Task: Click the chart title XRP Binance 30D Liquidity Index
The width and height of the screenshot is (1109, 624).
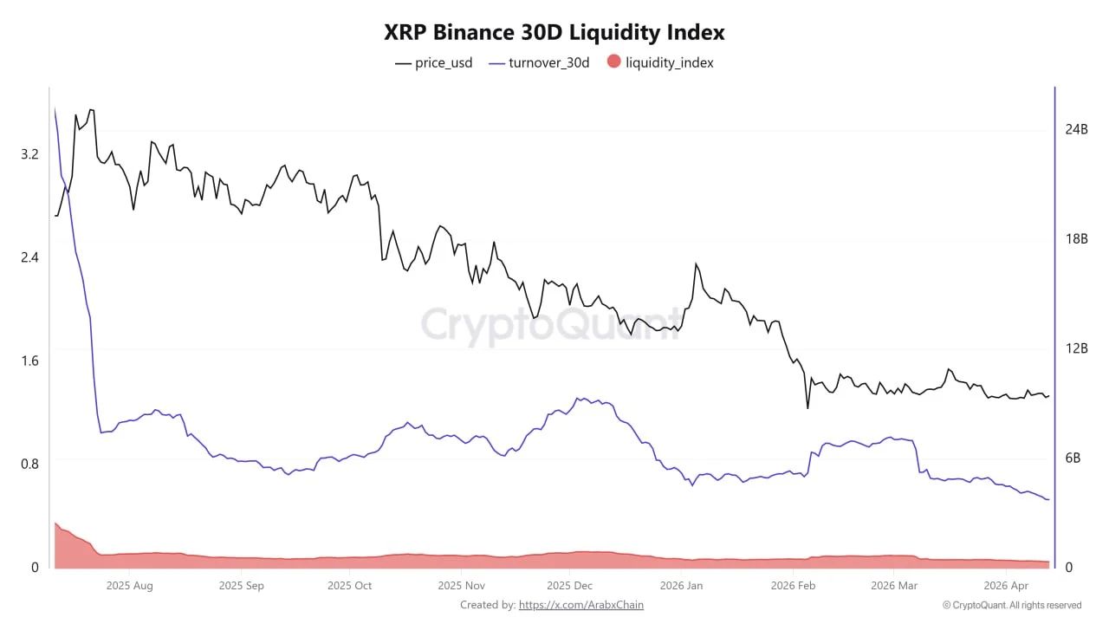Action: click(x=554, y=33)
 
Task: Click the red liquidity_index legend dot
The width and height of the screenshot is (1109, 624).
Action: click(x=613, y=62)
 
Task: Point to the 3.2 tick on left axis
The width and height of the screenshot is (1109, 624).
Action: click(x=29, y=154)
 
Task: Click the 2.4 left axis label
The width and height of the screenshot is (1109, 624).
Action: click(x=29, y=257)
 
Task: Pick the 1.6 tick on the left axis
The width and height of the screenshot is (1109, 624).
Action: click(x=29, y=361)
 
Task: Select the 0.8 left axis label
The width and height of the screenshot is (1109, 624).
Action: click(x=29, y=464)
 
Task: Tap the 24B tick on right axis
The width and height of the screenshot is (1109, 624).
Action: click(x=1076, y=129)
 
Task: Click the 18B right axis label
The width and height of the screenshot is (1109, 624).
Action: click(x=1076, y=239)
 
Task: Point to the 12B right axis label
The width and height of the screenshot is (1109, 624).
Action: click(x=1076, y=348)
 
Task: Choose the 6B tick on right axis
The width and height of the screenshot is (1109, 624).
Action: click(x=1073, y=458)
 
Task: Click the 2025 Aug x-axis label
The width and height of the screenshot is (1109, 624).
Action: click(x=129, y=586)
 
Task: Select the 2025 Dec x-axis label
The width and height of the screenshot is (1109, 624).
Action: click(x=570, y=586)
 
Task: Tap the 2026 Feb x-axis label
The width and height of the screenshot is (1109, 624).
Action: click(x=793, y=586)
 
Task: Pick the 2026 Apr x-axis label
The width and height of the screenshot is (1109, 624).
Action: click(x=1006, y=586)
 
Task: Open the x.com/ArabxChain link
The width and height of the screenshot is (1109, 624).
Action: click(x=580, y=605)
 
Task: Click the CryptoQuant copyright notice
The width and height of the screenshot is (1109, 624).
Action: click(x=1011, y=605)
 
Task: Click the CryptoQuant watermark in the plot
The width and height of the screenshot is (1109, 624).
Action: click(x=551, y=325)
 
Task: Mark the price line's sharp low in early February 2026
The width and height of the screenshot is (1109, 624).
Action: click(x=807, y=408)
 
